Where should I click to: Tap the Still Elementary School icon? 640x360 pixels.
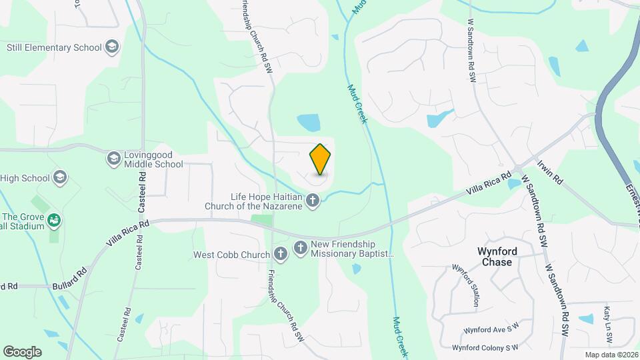coord(112,47)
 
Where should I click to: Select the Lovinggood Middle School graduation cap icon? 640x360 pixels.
coord(114,158)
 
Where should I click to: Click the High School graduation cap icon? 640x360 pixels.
coord(61,177)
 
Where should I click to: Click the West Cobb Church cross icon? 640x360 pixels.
coord(281,253)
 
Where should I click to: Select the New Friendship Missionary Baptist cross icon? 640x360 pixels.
coord(300,248)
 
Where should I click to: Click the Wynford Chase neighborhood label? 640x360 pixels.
coord(495,257)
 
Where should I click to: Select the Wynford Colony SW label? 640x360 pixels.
coord(485,347)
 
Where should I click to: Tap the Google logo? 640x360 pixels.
coord(22,351)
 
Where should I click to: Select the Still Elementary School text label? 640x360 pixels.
coord(54,47)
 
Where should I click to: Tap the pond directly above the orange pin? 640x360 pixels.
coord(309,122)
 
